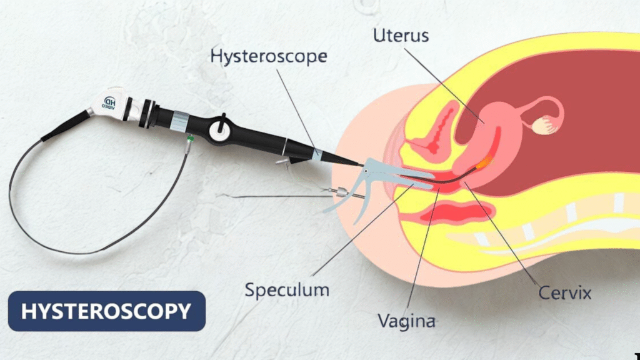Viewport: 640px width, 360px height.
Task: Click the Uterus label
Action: [x=401, y=35]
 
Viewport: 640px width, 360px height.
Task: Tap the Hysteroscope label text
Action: [x=269, y=56]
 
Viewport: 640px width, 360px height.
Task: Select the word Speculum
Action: [x=287, y=290]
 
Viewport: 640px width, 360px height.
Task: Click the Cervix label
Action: [x=564, y=292]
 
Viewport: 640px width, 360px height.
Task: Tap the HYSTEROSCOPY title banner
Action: [x=106, y=311]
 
